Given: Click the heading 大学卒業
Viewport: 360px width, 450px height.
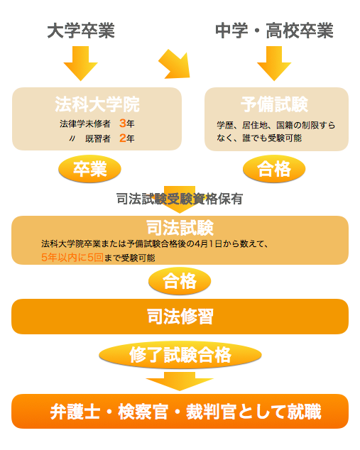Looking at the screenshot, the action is [x=81, y=31].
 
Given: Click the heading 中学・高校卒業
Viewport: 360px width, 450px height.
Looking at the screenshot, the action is [x=274, y=31].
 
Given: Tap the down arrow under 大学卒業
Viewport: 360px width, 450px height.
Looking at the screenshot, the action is [x=81, y=63].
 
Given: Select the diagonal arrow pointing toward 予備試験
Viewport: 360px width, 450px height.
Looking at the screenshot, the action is [x=175, y=65].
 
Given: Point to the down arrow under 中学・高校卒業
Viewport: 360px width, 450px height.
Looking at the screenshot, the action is [x=274, y=63].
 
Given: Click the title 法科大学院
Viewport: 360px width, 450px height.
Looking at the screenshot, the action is [x=97, y=104].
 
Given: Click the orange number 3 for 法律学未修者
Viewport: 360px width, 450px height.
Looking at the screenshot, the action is [x=123, y=123].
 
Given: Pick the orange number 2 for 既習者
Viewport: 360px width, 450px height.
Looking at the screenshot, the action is [x=123, y=138].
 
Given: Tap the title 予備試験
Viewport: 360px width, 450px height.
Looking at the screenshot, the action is [x=275, y=104].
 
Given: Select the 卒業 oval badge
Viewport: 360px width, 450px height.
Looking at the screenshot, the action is [x=89, y=169].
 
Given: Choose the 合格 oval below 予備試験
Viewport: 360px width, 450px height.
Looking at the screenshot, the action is [x=274, y=169].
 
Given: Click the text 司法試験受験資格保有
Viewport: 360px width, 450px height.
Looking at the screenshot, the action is [x=180, y=199].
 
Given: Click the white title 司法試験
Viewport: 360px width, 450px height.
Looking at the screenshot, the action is [x=180, y=228].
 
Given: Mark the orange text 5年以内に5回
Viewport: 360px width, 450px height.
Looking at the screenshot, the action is [x=72, y=258].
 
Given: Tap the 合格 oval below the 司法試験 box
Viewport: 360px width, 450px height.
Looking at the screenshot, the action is [x=180, y=281].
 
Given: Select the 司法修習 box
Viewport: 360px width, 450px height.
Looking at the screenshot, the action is [x=180, y=317].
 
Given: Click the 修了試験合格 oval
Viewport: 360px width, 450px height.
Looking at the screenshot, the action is [x=180, y=355].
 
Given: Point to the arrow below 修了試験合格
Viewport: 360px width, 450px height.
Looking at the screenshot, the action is [x=180, y=381].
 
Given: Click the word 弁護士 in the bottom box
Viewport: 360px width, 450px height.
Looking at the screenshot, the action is [x=75, y=412].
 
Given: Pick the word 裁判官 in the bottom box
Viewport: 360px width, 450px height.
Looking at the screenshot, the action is [x=212, y=412].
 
